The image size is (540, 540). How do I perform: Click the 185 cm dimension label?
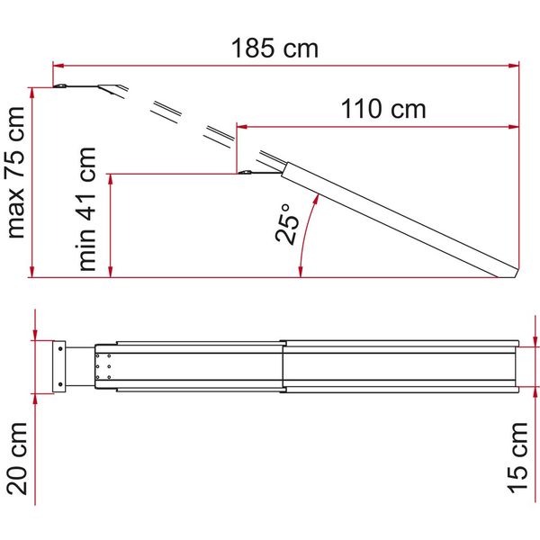274,48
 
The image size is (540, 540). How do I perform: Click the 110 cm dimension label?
383,109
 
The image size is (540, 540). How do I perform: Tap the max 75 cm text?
16,173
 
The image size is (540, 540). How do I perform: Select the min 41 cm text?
86,209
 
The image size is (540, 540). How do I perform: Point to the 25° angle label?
287,224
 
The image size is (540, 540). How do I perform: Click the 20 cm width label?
17,459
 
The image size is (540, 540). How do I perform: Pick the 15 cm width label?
517,457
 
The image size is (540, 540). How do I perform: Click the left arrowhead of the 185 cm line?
58,66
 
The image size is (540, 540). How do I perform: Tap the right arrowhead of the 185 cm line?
514,66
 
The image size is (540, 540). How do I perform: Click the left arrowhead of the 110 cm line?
242,127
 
